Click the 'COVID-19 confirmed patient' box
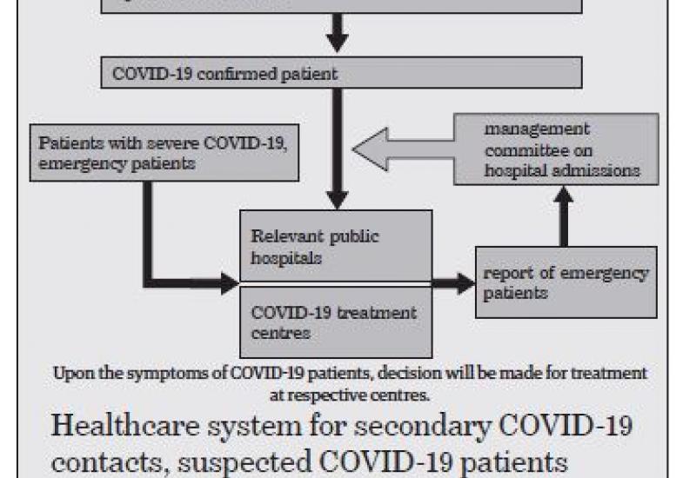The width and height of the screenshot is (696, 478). click(x=341, y=72)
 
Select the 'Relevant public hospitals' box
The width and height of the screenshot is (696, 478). click(x=336, y=246)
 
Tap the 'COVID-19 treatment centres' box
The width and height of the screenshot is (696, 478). click(x=336, y=322)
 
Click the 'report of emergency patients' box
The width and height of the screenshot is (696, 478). click(x=566, y=282)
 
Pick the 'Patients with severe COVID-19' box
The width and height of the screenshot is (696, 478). click(x=164, y=153)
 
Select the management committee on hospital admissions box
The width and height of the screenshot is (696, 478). click(x=556, y=149)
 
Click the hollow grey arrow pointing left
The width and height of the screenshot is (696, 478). click(x=403, y=149)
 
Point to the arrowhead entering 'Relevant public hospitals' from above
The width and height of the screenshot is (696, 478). click(x=337, y=200)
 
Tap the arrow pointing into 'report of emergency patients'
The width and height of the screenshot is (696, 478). click(x=453, y=283)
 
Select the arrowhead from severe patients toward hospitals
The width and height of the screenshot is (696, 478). click(x=230, y=283)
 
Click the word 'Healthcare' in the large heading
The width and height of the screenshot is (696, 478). click(x=125, y=425)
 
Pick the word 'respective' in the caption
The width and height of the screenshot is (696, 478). click(x=326, y=395)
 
